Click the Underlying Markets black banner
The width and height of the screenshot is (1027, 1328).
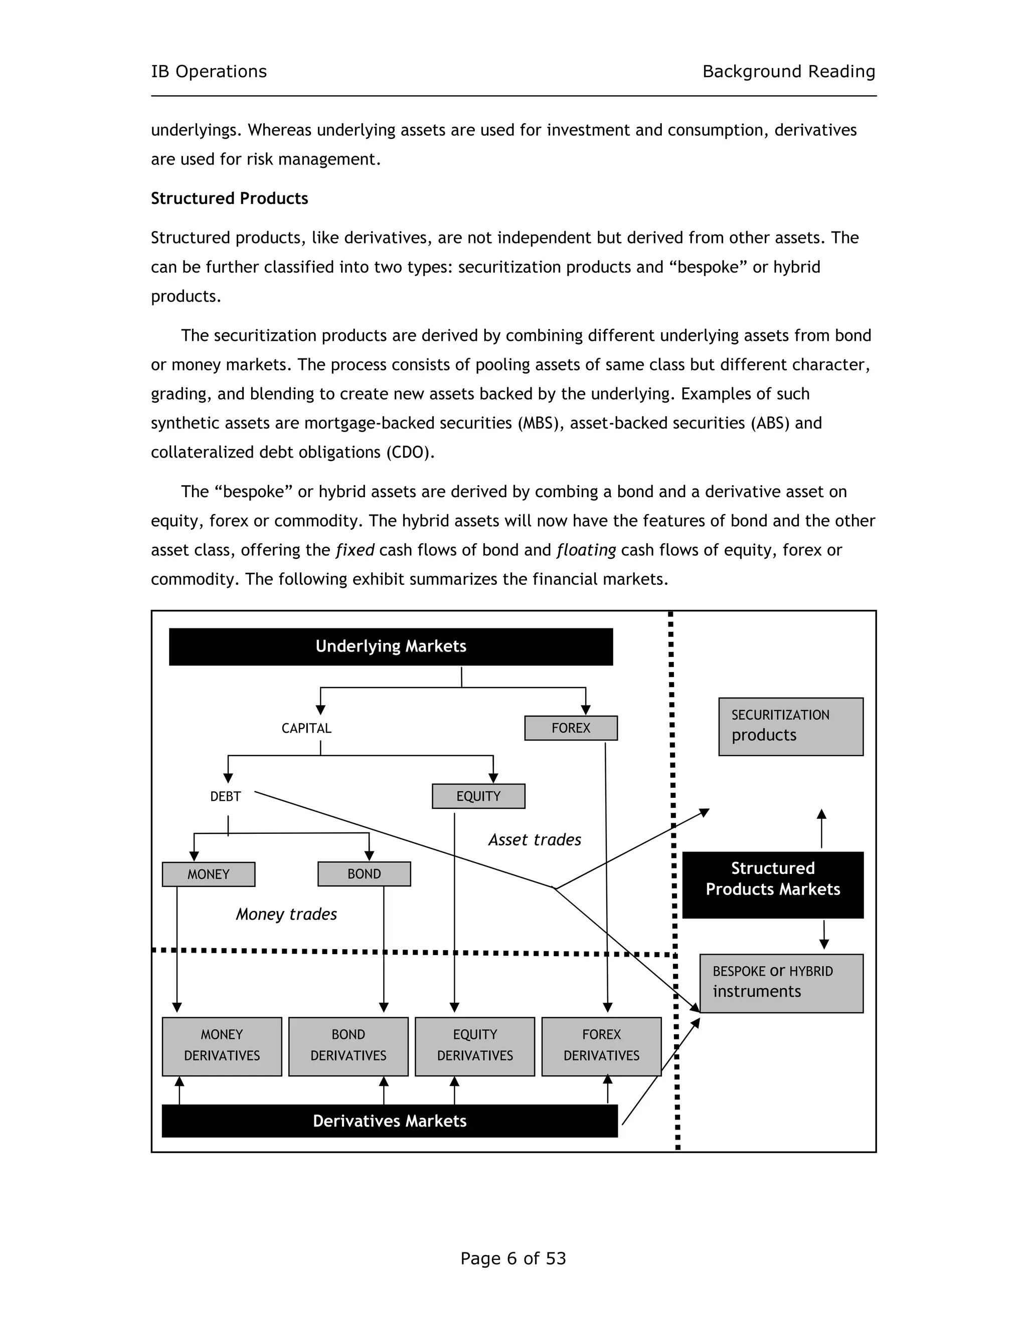click(x=391, y=646)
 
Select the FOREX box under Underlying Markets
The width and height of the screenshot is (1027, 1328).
click(x=571, y=728)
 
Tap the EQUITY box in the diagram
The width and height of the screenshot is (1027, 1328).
click(x=478, y=796)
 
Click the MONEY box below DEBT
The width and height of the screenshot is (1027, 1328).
click(x=208, y=874)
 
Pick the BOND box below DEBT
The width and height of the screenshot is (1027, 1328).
click(x=364, y=874)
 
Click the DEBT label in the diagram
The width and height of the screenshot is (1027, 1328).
click(x=225, y=797)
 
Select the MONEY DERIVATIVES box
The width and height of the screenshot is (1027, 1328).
click(x=222, y=1046)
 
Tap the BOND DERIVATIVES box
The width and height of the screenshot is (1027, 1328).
click(x=348, y=1046)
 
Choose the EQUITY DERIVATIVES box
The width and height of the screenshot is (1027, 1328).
click(x=474, y=1046)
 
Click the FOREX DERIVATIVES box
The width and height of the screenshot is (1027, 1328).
click(x=601, y=1046)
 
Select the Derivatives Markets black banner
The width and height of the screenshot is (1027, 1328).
click(x=389, y=1121)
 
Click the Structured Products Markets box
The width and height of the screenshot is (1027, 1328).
click(x=773, y=884)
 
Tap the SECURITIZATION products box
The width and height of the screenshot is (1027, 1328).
click(x=790, y=727)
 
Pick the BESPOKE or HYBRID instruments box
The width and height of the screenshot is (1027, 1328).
click(x=781, y=983)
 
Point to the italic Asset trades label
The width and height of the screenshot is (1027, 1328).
click(x=534, y=840)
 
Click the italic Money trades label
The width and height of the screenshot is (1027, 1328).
click(x=286, y=914)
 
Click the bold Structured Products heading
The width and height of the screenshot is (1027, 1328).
click(x=229, y=198)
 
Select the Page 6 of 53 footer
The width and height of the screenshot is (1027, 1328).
click(x=513, y=1258)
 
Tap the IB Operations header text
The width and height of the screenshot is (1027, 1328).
click(x=209, y=72)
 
